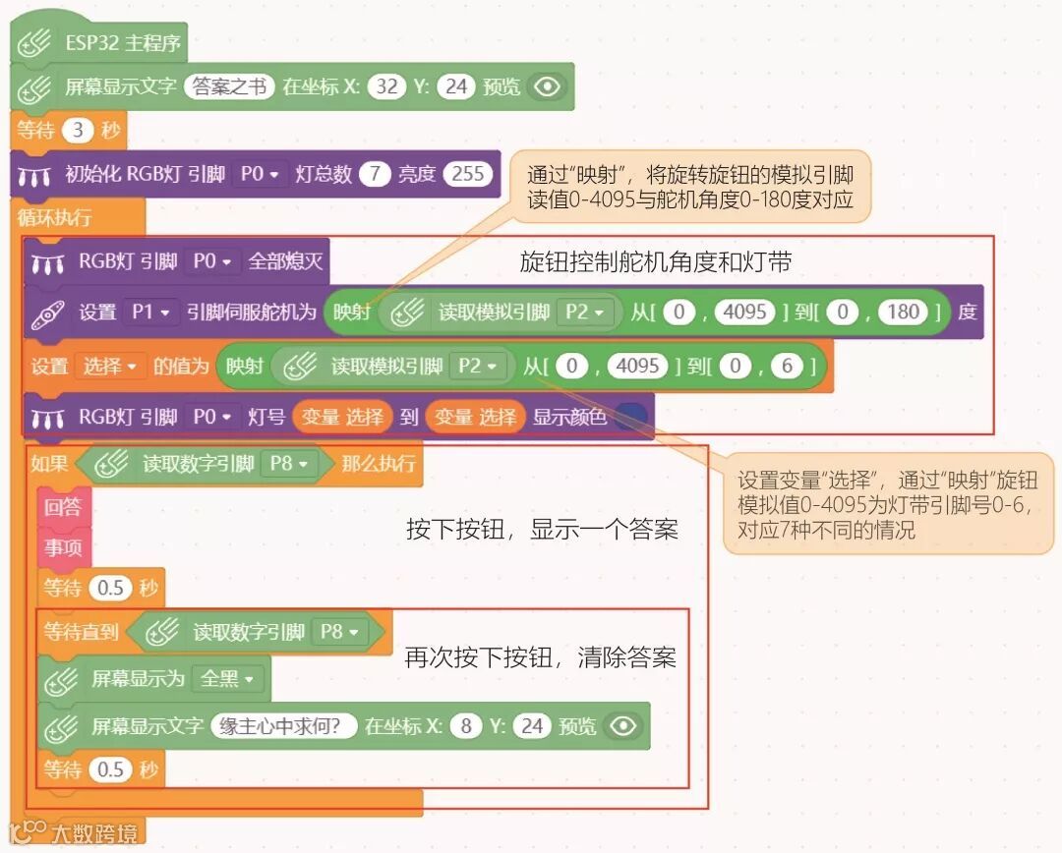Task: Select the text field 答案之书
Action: [228, 86]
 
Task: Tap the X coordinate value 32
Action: [386, 86]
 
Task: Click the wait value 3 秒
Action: [77, 130]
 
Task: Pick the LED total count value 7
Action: [374, 174]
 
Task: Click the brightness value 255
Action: [467, 174]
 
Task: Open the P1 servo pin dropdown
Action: [150, 313]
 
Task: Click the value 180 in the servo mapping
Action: [902, 313]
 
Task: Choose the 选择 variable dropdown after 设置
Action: [110, 366]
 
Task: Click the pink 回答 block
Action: [63, 508]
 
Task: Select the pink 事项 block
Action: [63, 547]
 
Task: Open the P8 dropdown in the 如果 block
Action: [288, 463]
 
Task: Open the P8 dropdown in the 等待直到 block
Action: [338, 632]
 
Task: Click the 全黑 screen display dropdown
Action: [227, 678]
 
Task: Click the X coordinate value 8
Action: [465, 726]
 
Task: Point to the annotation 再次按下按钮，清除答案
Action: [540, 656]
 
